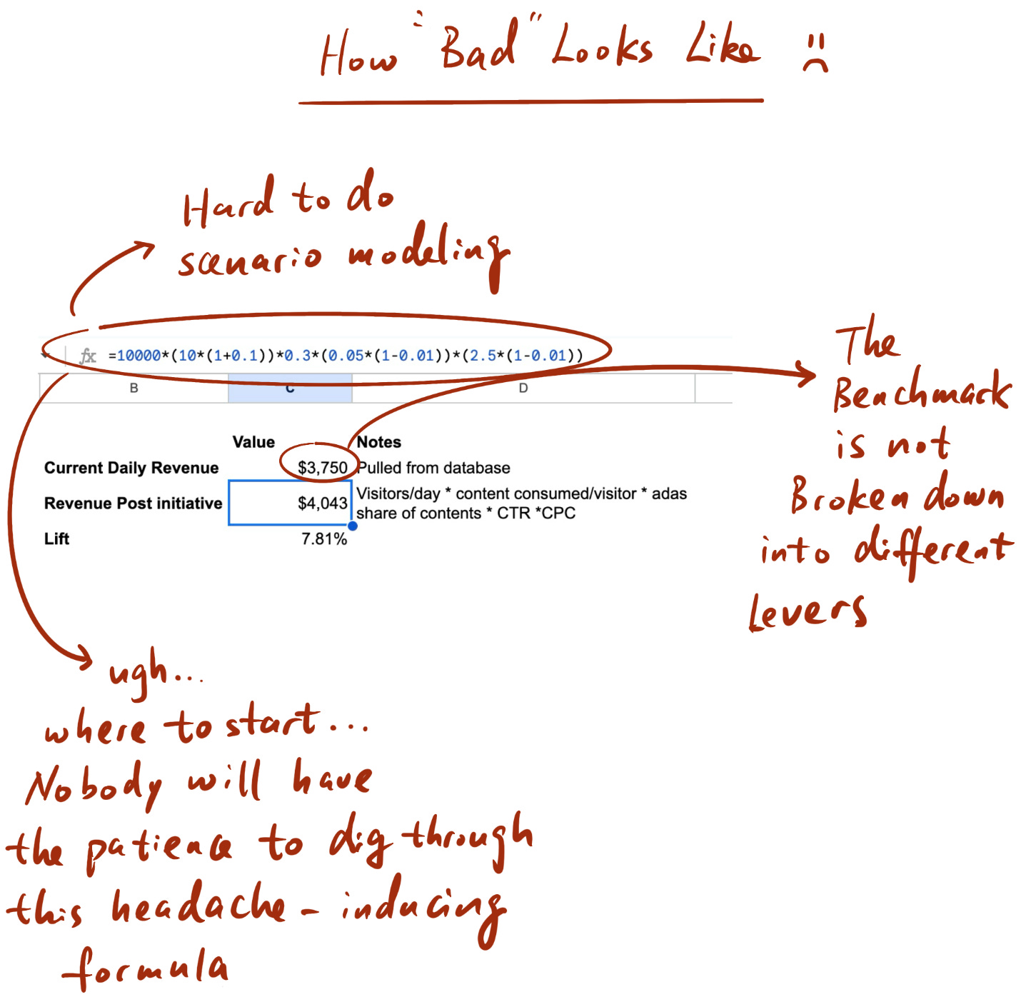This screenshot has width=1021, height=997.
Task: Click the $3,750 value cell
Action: [323, 468]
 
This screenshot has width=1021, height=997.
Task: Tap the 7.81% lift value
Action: [324, 538]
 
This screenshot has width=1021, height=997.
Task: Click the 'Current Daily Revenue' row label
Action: [131, 468]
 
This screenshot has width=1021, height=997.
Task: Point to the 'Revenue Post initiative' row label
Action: [133, 503]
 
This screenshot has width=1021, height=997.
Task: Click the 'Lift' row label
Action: [56, 538]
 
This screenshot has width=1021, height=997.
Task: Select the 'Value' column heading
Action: [253, 442]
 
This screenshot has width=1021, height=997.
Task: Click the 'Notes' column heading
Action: [378, 442]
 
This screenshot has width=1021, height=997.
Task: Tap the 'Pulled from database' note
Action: [433, 468]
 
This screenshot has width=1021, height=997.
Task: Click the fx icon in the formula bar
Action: [88, 356]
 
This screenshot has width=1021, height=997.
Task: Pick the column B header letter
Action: [134, 389]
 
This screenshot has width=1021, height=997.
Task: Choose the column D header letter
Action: [523, 389]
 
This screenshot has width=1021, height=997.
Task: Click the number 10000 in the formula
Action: [139, 356]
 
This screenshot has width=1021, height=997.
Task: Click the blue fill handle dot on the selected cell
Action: [353, 526]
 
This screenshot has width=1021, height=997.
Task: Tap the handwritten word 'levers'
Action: [807, 613]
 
